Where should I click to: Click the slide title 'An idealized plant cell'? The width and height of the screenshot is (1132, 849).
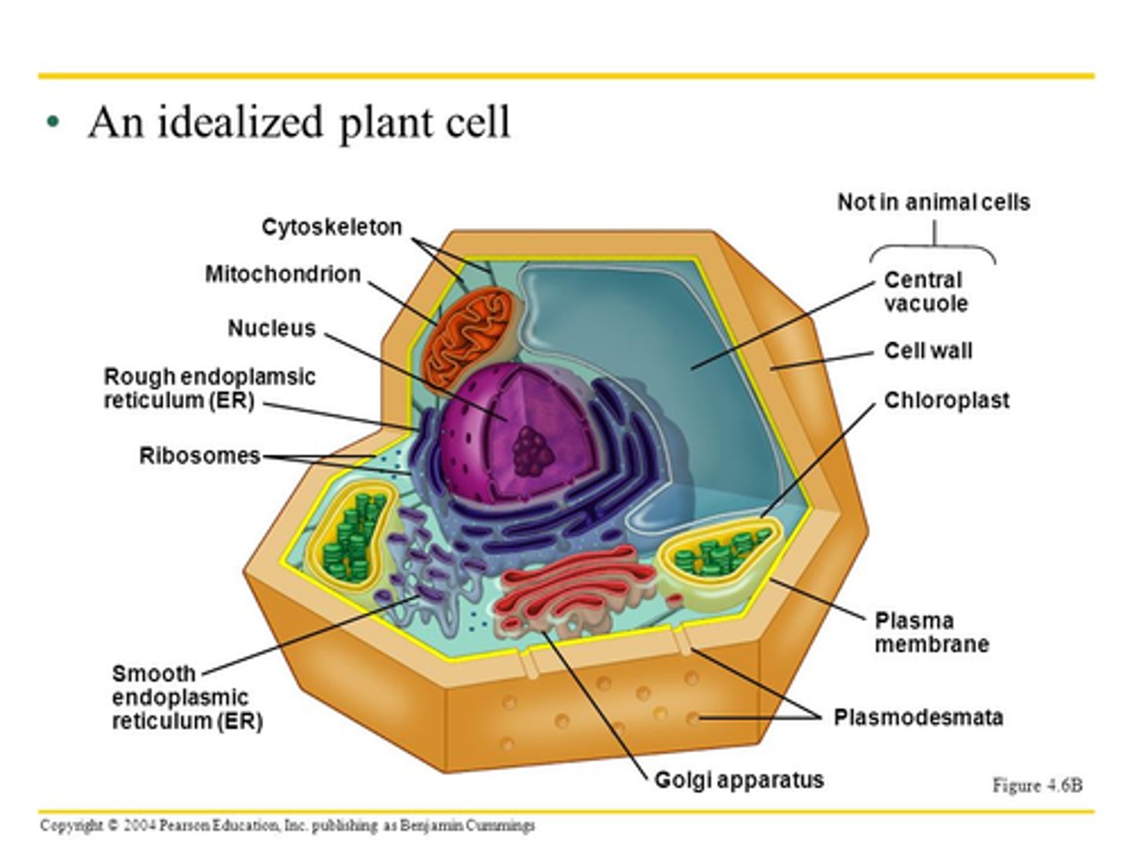299,123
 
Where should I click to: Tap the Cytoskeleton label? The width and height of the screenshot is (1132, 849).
331,227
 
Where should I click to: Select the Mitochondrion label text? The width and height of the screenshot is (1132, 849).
282,274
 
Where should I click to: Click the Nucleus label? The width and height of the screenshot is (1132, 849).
271,329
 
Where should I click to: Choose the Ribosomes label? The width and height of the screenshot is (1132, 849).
199,456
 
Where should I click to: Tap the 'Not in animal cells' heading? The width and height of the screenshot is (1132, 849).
933,203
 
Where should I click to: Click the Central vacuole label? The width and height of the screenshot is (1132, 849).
924,292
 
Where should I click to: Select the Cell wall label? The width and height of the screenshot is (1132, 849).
928,351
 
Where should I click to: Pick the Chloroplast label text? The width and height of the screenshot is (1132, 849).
946,401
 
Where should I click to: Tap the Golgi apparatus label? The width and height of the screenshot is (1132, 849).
739,780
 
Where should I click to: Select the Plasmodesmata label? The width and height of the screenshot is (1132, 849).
918,718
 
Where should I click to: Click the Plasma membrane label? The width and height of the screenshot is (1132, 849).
931,633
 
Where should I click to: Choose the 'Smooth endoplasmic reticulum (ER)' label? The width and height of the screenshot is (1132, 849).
186,697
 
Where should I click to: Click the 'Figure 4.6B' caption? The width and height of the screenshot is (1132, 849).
1037,785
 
